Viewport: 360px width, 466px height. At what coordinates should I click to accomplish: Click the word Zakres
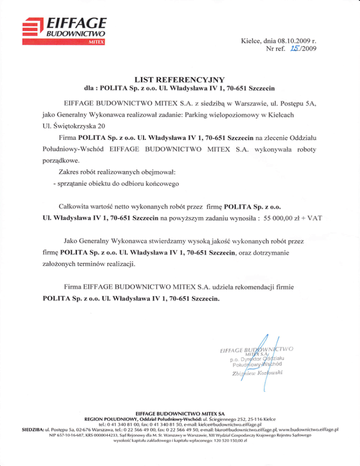click(71, 172)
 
